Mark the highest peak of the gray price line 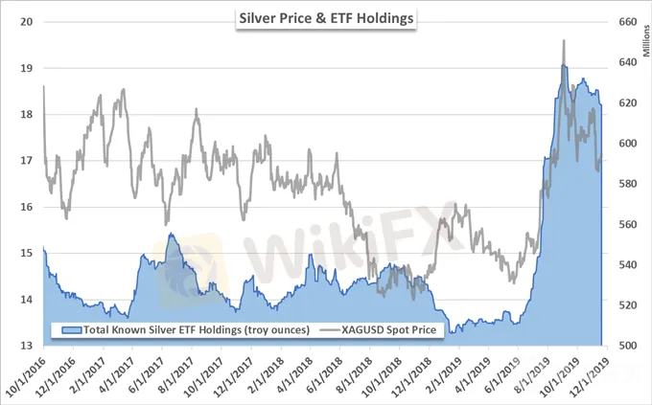[x=564, y=41]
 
